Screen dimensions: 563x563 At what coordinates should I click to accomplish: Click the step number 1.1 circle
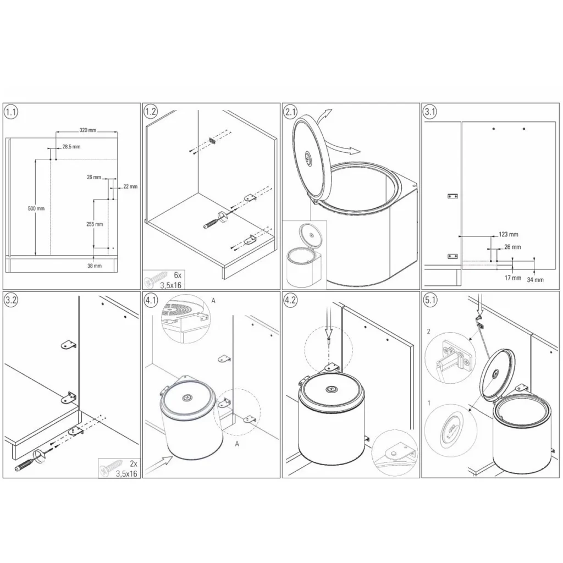coord(11,112)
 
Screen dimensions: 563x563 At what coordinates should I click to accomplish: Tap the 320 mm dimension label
coord(88,130)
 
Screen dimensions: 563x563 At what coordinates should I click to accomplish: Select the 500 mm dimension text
coord(36,208)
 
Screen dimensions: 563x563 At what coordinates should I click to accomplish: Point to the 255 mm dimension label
coord(95,224)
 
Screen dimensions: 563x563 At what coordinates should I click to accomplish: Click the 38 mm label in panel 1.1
coord(95,266)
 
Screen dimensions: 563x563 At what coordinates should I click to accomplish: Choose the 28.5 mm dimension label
coord(71,146)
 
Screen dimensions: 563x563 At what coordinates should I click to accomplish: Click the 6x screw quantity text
coord(178,275)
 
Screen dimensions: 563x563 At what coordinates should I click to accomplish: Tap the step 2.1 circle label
coord(290,112)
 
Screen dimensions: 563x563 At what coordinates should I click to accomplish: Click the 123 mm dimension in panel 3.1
coord(509,234)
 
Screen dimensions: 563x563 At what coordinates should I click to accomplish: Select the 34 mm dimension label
coord(536,280)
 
